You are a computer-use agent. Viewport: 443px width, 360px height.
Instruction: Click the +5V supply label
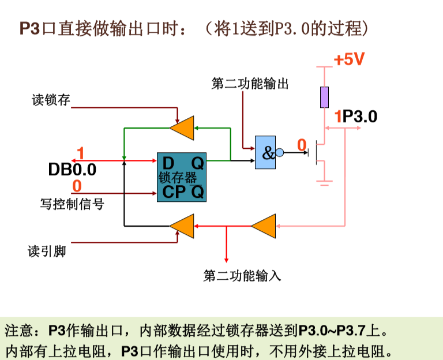pos(348,60)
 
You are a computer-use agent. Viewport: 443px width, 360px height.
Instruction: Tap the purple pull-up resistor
pos(325,97)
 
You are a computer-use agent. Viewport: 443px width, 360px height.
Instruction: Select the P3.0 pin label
pos(359,117)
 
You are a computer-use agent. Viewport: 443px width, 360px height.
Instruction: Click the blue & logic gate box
pos(265,153)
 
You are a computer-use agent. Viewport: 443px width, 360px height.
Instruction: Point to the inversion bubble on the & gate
pos(280,153)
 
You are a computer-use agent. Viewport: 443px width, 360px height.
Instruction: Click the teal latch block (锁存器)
pos(181,177)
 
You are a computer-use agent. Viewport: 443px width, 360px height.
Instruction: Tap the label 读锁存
pos(50,100)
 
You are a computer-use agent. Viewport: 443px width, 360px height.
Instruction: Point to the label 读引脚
pos(47,252)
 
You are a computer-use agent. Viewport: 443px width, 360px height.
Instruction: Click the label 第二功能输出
pos(250,84)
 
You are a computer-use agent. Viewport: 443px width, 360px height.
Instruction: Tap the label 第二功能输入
pos(242,276)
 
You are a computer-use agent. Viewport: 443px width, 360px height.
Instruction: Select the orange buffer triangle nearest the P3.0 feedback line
pos(265,226)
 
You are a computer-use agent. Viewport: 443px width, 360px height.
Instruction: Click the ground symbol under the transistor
pos(325,183)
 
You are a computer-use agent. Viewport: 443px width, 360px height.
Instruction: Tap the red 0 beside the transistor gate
pos(301,144)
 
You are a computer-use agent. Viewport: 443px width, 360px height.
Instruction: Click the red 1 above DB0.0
pos(80,153)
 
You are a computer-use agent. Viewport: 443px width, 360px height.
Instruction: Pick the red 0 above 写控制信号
pos(77,186)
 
